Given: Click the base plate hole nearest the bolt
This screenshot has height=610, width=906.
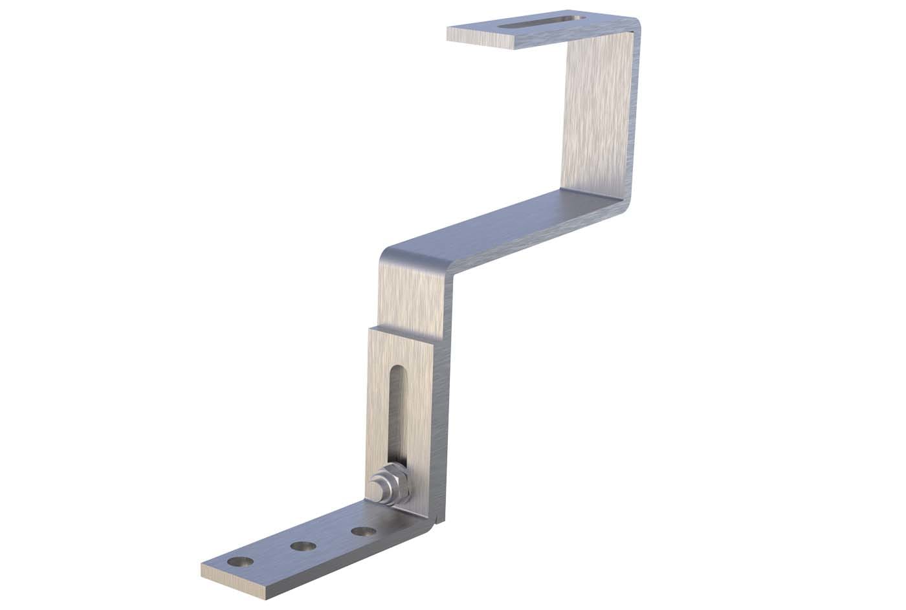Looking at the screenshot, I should (x=364, y=532).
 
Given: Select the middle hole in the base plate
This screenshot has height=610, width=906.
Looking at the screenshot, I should (x=302, y=547).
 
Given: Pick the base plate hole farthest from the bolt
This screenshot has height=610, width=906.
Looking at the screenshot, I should (x=241, y=562).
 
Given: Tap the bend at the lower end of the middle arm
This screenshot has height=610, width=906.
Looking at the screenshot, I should (x=395, y=252).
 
